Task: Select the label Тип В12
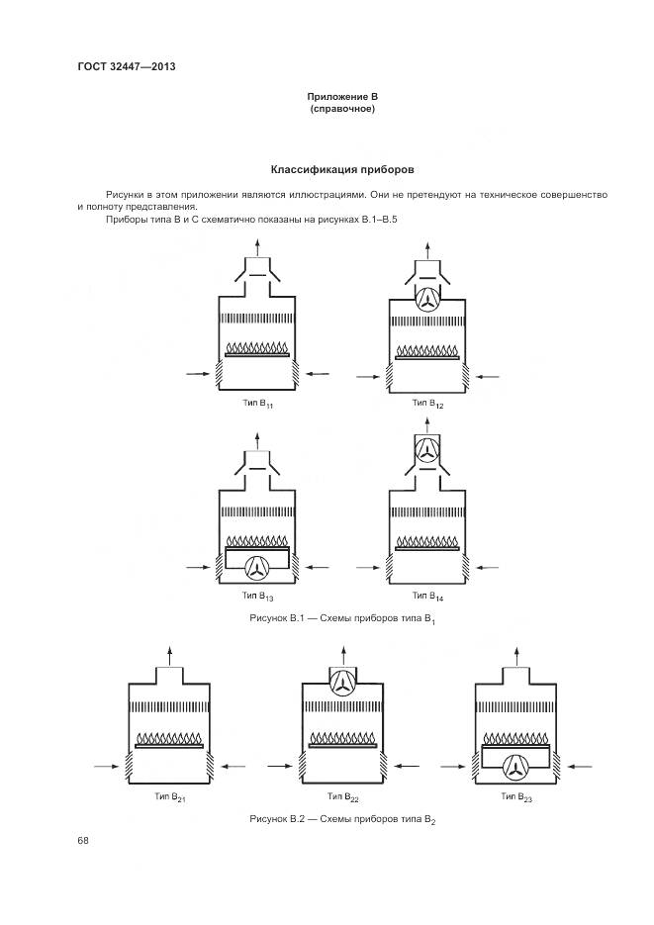(x=427, y=404)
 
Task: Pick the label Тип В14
(x=427, y=597)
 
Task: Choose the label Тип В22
(x=341, y=796)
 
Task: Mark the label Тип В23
(x=516, y=796)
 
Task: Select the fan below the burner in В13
(x=257, y=566)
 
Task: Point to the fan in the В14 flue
(x=428, y=450)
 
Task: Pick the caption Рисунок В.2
(x=342, y=820)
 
